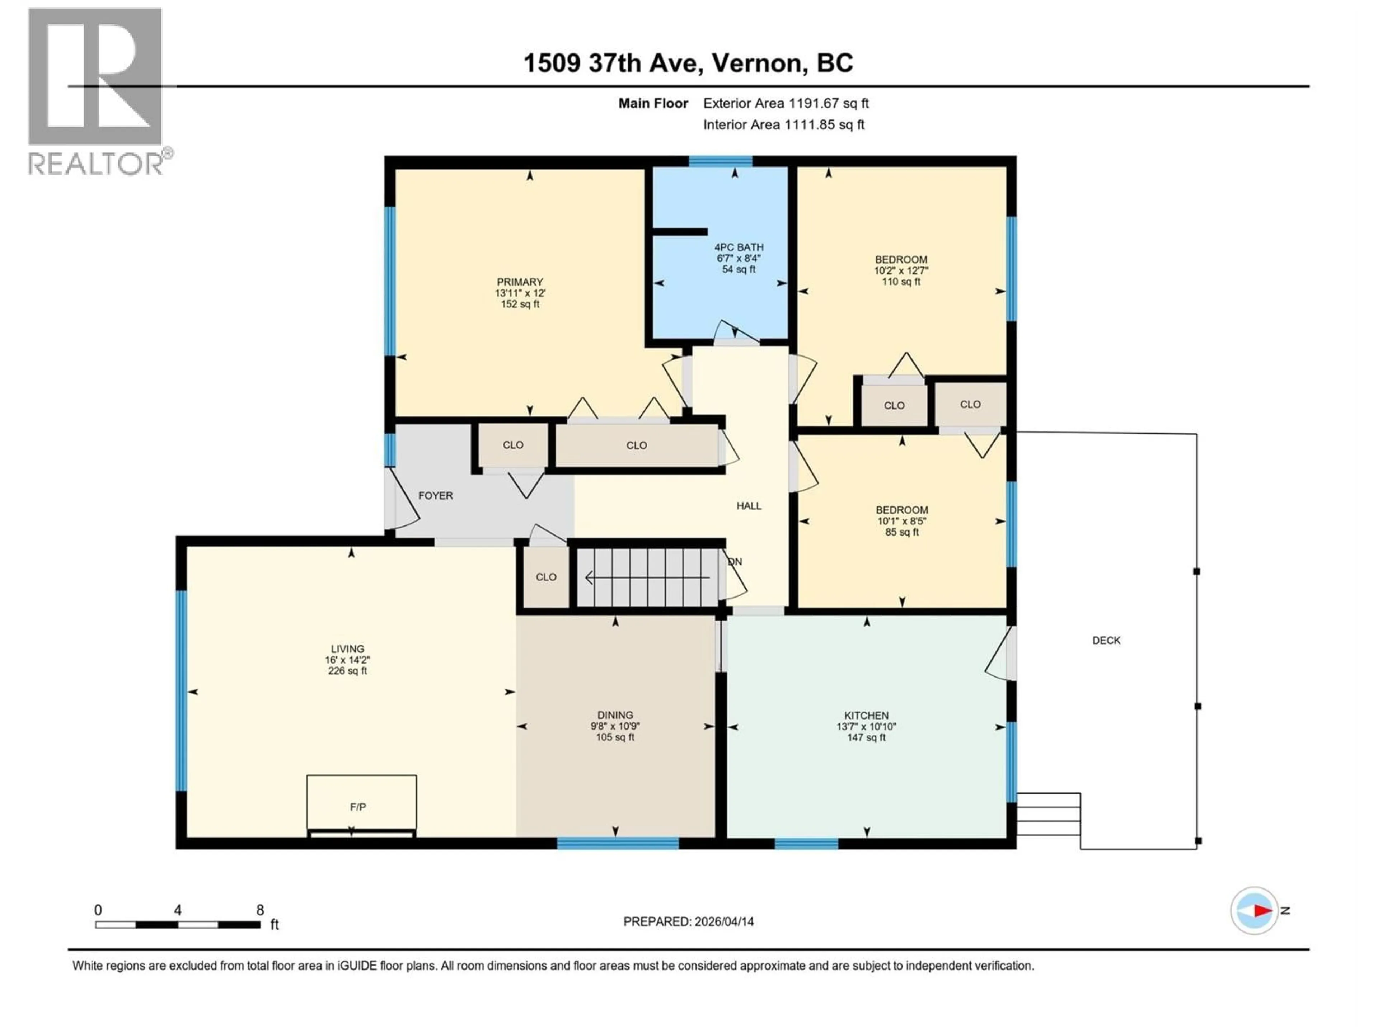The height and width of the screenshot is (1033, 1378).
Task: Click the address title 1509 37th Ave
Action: [x=688, y=63]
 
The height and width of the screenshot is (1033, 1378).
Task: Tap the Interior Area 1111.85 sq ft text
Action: [x=784, y=124]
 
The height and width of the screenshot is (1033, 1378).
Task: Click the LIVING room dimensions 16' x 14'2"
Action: [x=348, y=660]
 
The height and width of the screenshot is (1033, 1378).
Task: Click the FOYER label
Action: [x=435, y=496]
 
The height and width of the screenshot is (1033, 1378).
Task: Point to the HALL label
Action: [x=749, y=506]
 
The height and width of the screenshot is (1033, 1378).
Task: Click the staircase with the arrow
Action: [x=648, y=577]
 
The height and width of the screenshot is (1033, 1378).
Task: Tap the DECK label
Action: [x=1106, y=640]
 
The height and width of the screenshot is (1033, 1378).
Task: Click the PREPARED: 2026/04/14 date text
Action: [x=688, y=921]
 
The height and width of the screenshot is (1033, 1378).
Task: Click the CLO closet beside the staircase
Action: [x=546, y=577]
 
